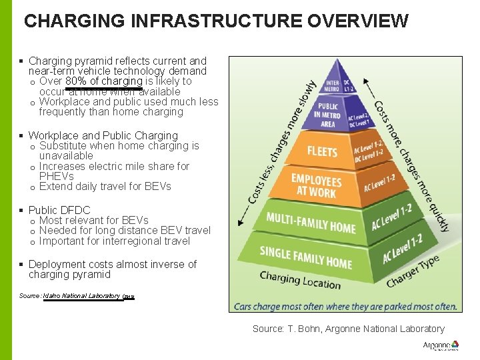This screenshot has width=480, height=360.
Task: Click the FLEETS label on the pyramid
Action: [x=321, y=151]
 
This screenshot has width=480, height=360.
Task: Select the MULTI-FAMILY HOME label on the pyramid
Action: [x=310, y=222]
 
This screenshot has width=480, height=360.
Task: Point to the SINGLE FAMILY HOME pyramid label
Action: [x=305, y=257]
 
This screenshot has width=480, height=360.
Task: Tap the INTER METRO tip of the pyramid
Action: [x=332, y=86]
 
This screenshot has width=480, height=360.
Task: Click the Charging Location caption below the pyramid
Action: [x=299, y=280]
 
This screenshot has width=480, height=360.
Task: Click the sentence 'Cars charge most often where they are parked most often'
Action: [x=345, y=307]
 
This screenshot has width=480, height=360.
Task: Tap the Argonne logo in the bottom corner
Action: [x=441, y=346]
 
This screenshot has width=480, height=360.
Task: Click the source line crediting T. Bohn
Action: [x=348, y=329]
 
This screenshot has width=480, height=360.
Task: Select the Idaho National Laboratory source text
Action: [x=81, y=296]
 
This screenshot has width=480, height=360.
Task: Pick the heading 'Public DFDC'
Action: [x=59, y=210]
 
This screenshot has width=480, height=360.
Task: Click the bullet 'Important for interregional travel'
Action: [x=115, y=241]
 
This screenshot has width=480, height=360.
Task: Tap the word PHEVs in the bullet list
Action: [x=57, y=176]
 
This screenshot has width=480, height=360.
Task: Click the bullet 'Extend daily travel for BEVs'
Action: [x=105, y=186]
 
